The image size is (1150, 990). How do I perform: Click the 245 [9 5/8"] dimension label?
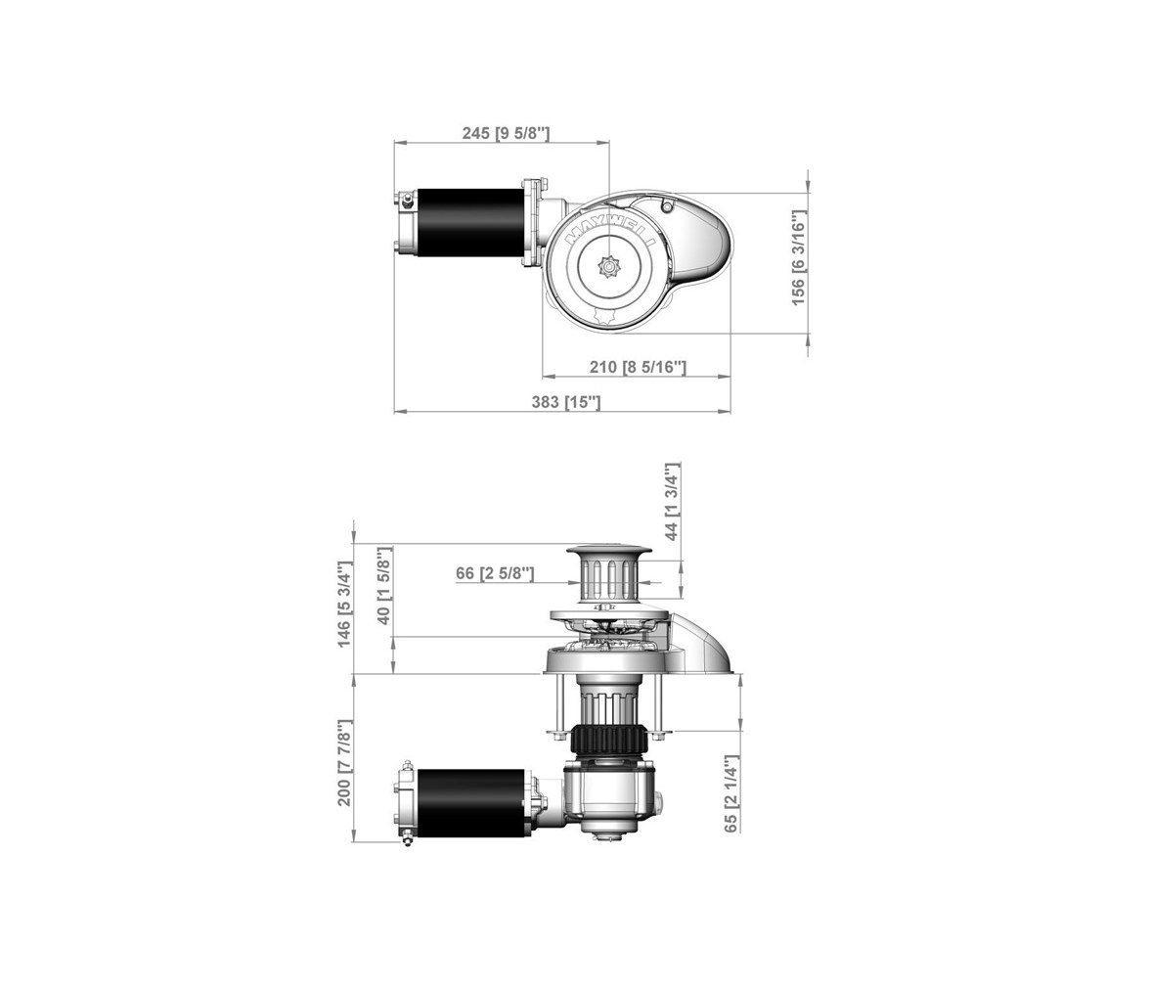click(x=506, y=133)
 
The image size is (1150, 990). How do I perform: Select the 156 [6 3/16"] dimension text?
click(x=798, y=257)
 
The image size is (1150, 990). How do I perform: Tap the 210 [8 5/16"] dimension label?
click(x=638, y=366)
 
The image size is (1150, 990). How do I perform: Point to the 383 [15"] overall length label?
click(x=566, y=402)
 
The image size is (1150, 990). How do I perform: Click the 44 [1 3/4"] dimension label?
click(x=672, y=502)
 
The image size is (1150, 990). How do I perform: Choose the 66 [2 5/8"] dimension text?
click(x=495, y=572)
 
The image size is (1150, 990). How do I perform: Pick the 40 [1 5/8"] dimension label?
click(x=384, y=586)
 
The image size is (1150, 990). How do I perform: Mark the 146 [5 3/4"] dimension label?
click(x=344, y=605)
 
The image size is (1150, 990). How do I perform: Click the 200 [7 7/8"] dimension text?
click(x=344, y=763)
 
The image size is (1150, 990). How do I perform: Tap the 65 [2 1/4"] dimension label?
click(x=731, y=794)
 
